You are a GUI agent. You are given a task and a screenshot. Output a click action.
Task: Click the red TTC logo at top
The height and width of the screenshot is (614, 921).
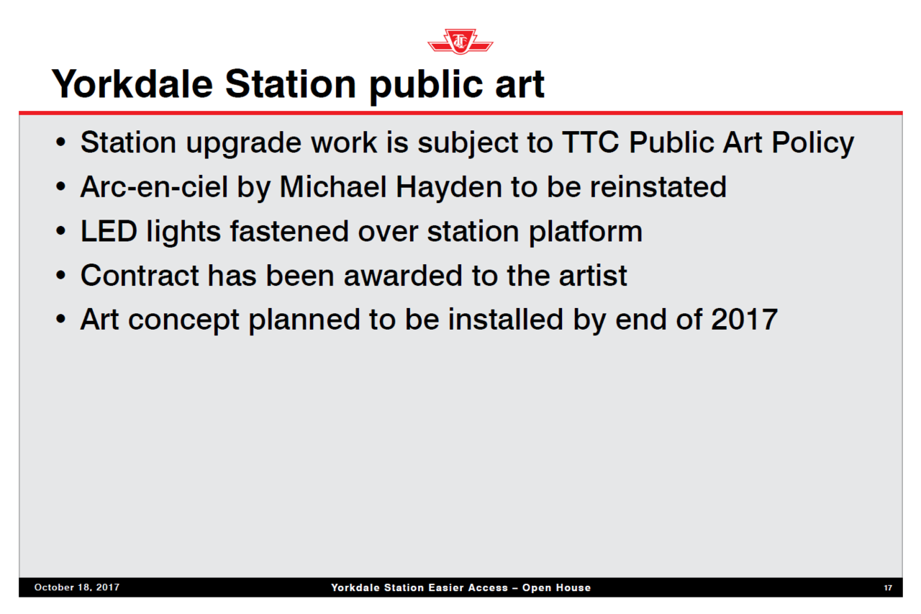[x=460, y=41]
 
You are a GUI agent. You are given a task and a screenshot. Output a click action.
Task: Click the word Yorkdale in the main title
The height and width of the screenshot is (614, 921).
[x=132, y=84]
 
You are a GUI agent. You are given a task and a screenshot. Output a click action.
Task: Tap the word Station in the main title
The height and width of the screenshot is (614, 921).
[x=291, y=84]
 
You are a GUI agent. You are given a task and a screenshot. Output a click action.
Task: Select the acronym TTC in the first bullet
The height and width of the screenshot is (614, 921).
[x=591, y=143]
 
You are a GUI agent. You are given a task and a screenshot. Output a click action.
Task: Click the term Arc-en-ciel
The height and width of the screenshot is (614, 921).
[x=154, y=187]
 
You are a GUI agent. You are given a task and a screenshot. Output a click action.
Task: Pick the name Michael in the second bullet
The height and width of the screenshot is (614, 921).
[x=333, y=186]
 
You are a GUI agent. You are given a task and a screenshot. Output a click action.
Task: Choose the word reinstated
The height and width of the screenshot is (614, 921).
[x=658, y=186]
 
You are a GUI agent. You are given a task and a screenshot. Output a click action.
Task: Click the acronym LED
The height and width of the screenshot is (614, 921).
[x=109, y=231]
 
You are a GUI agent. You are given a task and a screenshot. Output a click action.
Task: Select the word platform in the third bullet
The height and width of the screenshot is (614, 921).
[x=586, y=232]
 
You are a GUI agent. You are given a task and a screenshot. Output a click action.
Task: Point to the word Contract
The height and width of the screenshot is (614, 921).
[x=140, y=275]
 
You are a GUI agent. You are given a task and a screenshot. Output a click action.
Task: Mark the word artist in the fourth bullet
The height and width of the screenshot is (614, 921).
[x=593, y=275]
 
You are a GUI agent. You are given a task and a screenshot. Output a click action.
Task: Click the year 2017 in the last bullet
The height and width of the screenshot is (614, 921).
[x=744, y=320]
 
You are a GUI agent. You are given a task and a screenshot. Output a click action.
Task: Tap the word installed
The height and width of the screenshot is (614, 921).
[x=505, y=319]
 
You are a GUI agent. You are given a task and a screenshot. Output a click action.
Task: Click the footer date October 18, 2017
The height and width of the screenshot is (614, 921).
[x=77, y=587]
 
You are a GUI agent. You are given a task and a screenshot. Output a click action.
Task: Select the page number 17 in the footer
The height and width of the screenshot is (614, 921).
[x=888, y=588]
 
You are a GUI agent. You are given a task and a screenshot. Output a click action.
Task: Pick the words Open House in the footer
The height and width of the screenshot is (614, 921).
[x=556, y=587]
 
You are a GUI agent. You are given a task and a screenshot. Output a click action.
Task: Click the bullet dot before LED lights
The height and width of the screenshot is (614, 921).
[x=61, y=231]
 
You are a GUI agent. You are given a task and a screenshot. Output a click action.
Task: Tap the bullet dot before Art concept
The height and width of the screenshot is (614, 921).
[x=61, y=319]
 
